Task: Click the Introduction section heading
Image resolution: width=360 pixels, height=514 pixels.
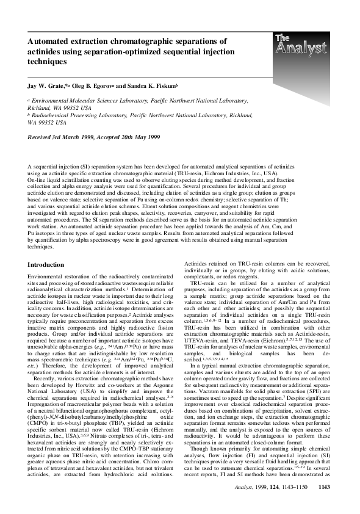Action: click(x=51, y=265)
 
